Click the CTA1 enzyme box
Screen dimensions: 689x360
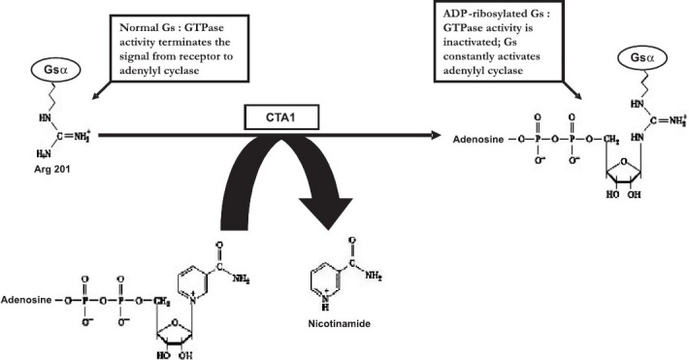281,117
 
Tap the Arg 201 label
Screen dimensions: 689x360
51,169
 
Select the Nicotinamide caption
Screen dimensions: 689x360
339,324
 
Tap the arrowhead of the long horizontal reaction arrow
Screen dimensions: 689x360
436,136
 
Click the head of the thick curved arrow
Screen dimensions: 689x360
326,213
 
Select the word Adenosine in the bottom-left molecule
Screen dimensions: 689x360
26,300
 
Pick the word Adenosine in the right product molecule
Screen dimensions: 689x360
478,140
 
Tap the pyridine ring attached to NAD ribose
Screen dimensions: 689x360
192,281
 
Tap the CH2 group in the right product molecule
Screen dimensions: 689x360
610,140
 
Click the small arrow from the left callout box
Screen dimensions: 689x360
102,90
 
